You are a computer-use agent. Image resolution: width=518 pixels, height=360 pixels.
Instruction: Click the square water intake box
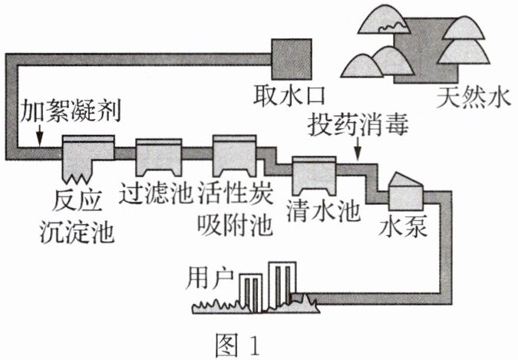[292, 59]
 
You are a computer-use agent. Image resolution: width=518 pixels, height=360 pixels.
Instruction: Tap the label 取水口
[289, 96]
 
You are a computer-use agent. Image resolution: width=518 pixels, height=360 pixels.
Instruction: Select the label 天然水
[473, 97]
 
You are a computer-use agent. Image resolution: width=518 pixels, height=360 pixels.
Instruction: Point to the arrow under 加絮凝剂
[40, 136]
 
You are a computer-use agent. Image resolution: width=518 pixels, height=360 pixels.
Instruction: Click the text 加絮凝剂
[71, 111]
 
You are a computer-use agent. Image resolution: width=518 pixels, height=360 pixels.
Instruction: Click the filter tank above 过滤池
[159, 157]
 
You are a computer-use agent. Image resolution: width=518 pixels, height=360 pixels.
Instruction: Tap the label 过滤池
[156, 194]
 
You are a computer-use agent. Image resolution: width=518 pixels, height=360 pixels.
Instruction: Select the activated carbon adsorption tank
[234, 155]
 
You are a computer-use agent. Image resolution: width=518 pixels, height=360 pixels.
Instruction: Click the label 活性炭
[236, 194]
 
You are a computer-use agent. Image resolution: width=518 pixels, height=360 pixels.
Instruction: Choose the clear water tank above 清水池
[314, 176]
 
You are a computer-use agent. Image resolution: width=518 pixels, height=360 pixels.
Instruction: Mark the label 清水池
[323, 212]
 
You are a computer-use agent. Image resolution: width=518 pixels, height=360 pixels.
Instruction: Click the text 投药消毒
[358, 125]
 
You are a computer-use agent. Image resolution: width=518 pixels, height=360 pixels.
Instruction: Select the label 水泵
[403, 226]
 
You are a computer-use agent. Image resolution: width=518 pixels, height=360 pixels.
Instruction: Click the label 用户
[210, 279]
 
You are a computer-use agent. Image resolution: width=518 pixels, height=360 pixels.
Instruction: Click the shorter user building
[251, 293]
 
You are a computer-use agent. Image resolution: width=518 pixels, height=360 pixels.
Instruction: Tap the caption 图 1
[238, 345]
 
